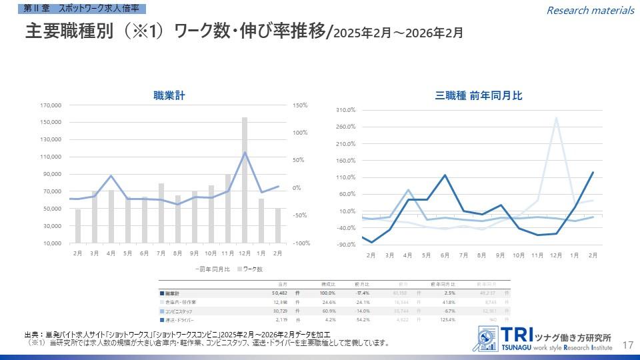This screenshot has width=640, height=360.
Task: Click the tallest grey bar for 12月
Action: coord(245,180)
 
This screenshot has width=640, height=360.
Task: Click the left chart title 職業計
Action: coord(168,96)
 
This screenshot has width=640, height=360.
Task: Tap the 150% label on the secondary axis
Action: coord(299,105)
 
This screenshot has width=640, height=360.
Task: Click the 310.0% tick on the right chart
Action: coord(345,109)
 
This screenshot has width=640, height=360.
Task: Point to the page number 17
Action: coord(627,345)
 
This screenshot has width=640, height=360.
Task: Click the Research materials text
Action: coord(590,10)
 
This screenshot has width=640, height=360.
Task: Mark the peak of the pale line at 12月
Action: coord(556,118)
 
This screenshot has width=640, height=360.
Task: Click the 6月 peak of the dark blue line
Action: coord(445,175)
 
